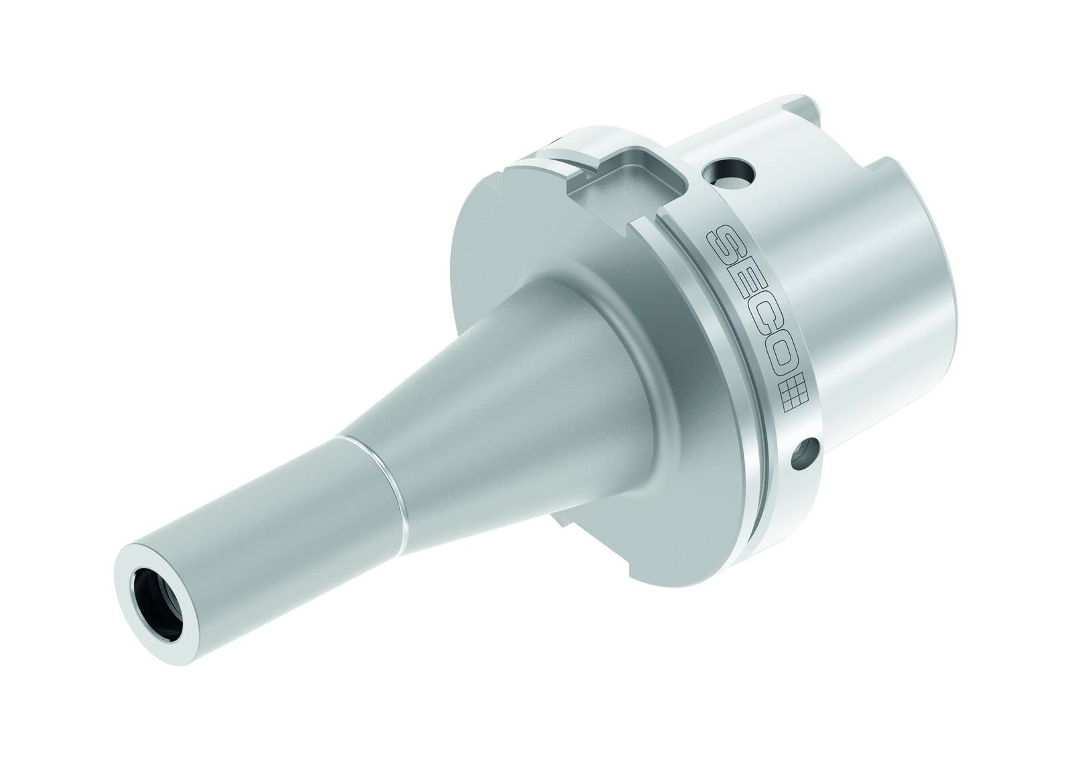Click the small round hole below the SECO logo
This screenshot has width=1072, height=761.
tap(805, 451)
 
